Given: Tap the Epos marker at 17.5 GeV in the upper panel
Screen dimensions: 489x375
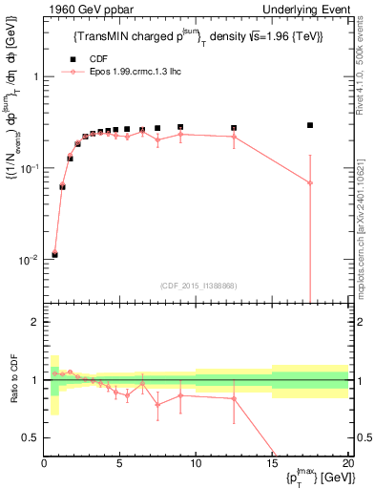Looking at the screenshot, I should point(310,182).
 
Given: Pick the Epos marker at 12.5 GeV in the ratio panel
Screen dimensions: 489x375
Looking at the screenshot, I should point(234,398).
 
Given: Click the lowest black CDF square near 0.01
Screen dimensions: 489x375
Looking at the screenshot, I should point(54,255).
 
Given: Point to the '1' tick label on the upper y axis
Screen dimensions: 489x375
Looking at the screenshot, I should point(35,76).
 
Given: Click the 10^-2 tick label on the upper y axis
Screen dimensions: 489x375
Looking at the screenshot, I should point(31,260).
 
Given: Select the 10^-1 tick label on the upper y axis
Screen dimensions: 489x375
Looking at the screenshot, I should point(31,168).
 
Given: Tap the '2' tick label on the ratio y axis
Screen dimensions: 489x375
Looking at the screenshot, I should point(35,322).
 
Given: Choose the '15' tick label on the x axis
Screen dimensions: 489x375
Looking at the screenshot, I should point(272,464).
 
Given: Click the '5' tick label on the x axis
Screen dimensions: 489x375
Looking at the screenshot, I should point(119,464).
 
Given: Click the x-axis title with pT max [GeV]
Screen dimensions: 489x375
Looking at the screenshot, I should point(312,478).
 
